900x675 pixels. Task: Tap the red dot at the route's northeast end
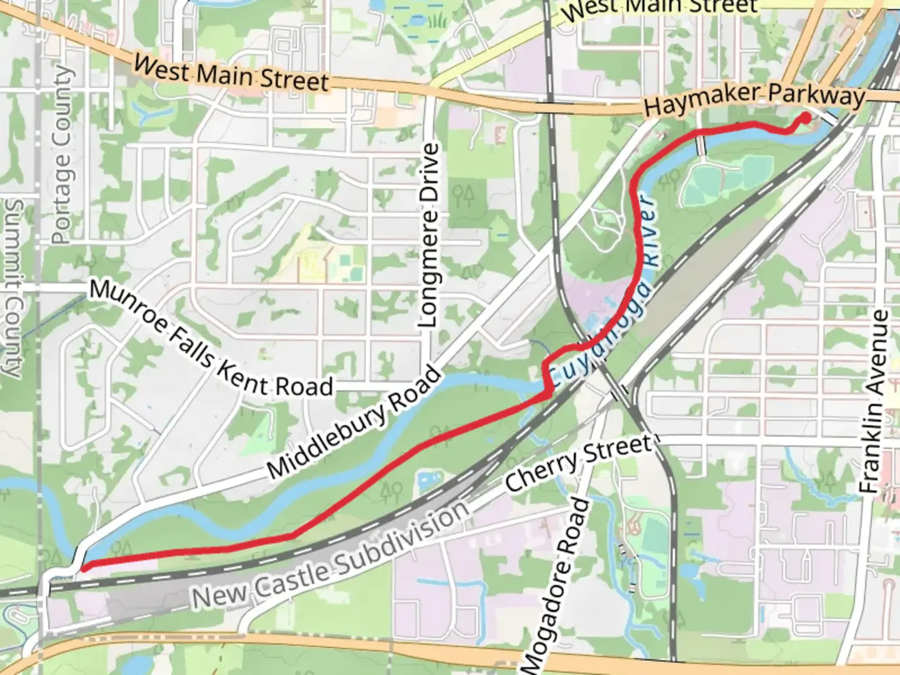click(806, 117)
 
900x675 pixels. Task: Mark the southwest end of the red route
click(83, 567)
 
